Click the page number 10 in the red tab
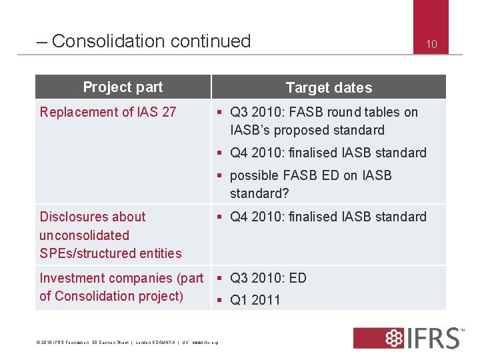(x=431, y=45)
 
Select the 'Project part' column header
(x=123, y=87)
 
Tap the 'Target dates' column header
(x=329, y=88)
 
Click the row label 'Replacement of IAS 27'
(x=108, y=112)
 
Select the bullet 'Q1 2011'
(x=255, y=300)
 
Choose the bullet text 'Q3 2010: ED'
(x=268, y=278)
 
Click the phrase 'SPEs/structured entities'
(x=111, y=253)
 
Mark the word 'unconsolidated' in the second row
(x=85, y=235)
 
